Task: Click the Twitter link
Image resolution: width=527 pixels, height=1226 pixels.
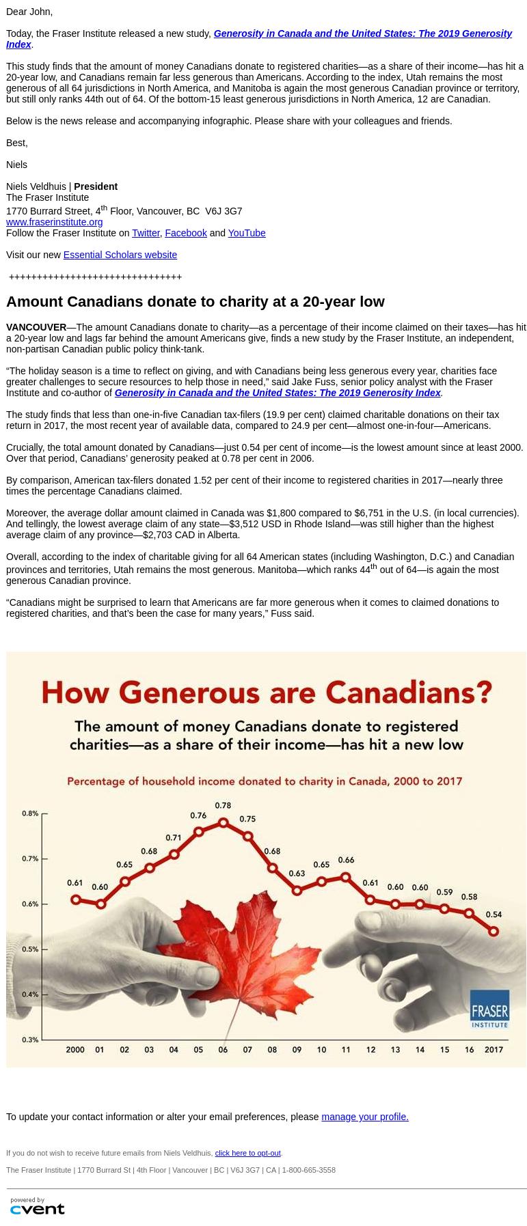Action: tap(146, 233)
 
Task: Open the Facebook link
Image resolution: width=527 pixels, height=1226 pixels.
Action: tap(186, 233)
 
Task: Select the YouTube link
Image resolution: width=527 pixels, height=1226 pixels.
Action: tap(246, 233)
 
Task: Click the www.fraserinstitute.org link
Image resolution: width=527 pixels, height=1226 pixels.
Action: tap(54, 222)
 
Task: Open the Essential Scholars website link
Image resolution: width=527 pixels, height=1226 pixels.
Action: tap(120, 255)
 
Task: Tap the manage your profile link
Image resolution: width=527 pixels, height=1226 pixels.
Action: tap(364, 1117)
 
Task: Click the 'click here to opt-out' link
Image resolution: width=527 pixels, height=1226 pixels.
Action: tap(247, 1153)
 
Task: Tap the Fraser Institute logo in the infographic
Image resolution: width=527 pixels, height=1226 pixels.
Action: tap(489, 1008)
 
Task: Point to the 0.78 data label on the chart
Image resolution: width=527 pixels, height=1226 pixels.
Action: tap(223, 806)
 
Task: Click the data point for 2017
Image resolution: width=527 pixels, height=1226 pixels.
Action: tap(494, 931)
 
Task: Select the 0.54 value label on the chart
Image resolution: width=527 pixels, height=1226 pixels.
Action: tap(494, 915)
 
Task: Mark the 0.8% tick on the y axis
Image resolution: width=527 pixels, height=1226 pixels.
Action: tap(30, 813)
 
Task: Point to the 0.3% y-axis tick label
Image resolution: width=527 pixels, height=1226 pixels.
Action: tap(30, 1040)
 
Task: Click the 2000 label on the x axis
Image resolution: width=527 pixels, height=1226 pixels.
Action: tap(75, 1050)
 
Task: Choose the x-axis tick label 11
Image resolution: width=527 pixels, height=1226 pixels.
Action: tap(346, 1050)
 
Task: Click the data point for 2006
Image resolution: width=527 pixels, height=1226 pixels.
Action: tap(223, 823)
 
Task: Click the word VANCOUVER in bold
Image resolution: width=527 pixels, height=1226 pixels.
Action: tap(36, 327)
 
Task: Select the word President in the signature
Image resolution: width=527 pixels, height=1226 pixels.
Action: tap(96, 186)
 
